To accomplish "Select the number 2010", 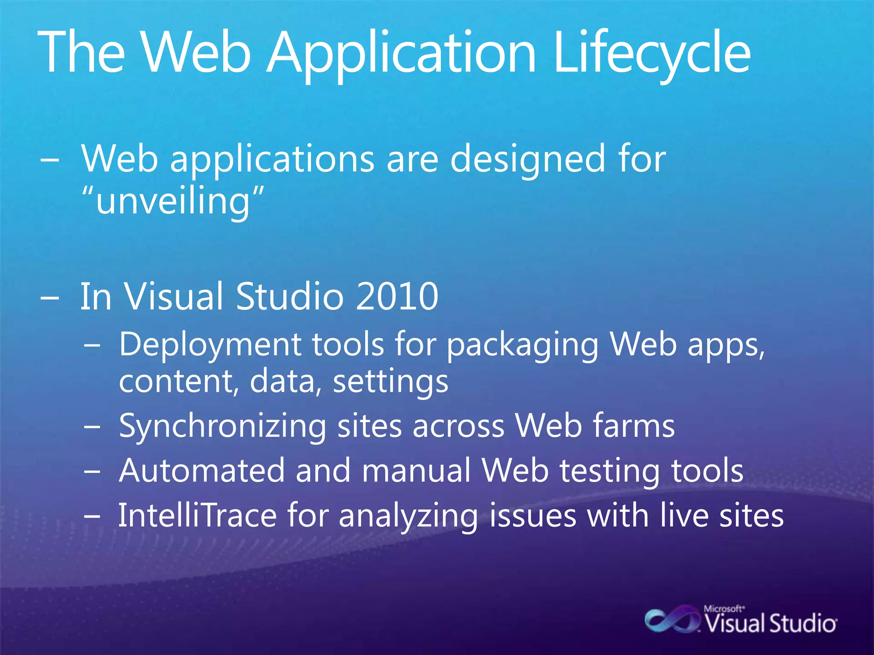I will tap(397, 296).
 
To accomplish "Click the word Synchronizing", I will tap(222, 426).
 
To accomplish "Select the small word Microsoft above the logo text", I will tap(724, 609).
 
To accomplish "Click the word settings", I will tap(390, 382).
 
